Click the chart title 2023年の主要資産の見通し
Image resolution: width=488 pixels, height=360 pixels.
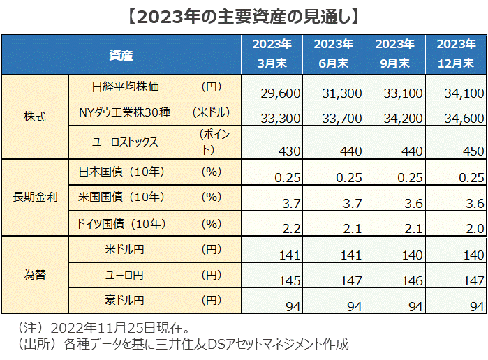(x=244, y=15)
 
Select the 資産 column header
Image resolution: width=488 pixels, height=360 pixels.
(x=121, y=54)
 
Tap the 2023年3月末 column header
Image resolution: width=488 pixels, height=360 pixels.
(x=272, y=54)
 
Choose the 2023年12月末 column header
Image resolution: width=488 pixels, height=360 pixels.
(x=456, y=54)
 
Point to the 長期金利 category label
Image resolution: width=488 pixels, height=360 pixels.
(x=35, y=197)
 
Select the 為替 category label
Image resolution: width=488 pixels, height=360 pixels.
(x=35, y=275)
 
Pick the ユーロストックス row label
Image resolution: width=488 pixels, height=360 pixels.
(x=126, y=142)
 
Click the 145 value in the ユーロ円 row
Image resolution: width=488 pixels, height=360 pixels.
(x=289, y=280)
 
